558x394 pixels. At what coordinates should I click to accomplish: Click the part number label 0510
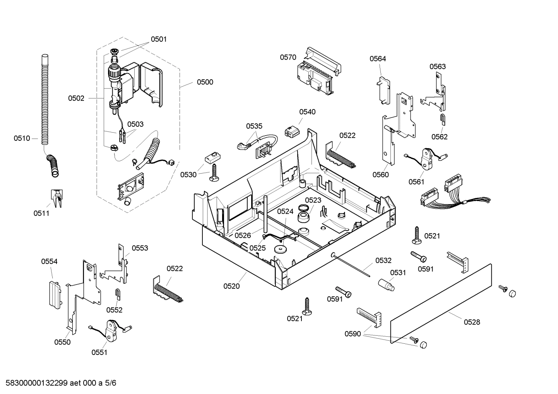(x=22, y=138)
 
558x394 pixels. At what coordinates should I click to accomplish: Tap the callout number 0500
(x=205, y=82)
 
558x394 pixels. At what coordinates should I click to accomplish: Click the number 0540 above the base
(x=307, y=112)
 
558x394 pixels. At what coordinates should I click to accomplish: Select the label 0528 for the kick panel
(x=472, y=322)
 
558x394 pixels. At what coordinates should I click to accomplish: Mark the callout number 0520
(x=231, y=286)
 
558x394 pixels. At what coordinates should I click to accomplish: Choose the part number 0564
(x=378, y=59)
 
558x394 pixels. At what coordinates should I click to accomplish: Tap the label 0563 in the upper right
(x=438, y=67)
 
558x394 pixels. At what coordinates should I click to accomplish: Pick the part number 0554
(x=50, y=262)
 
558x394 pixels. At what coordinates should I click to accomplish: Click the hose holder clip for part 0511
(x=56, y=198)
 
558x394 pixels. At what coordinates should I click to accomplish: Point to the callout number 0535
(x=254, y=126)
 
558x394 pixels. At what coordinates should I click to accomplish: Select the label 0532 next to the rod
(x=383, y=261)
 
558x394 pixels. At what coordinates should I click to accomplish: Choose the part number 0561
(x=416, y=182)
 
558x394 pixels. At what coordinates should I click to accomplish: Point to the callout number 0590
(x=353, y=334)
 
